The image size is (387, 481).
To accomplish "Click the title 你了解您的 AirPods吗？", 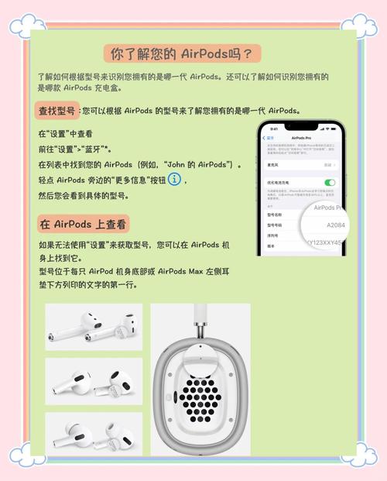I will [x=182, y=54].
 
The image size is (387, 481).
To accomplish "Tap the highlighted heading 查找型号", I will [x=57, y=111].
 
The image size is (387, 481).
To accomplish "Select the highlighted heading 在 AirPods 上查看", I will [x=83, y=224].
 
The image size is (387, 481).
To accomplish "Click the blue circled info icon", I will [x=175, y=180].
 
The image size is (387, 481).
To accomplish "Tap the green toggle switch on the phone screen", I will [x=330, y=182].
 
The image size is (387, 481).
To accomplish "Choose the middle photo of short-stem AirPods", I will [x=93, y=380].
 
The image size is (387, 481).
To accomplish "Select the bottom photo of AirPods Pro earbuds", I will [x=93, y=434].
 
